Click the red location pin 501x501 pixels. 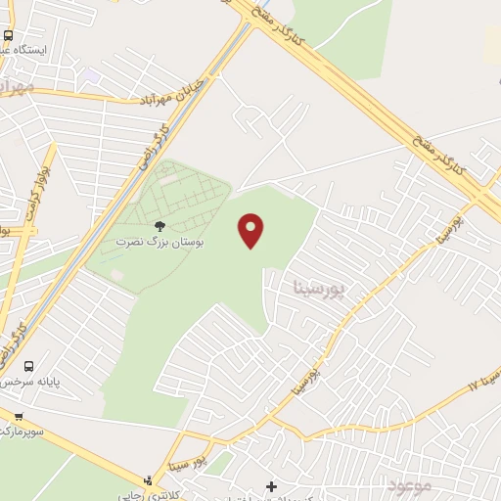coord(251,230)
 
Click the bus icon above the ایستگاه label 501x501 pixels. coord(8,35)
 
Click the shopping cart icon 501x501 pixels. coord(18,417)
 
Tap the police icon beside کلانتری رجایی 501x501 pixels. coord(147,480)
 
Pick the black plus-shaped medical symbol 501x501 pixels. coord(271,486)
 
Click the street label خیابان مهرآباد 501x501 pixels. coord(176,93)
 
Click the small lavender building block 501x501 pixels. coord(90,75)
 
